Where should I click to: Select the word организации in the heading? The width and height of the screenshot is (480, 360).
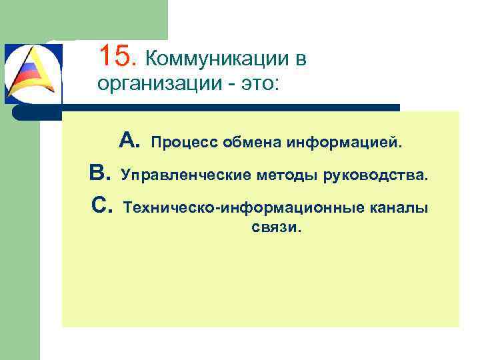pyautogui.click(x=151, y=85)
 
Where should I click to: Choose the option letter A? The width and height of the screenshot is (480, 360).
pyautogui.click(x=129, y=140)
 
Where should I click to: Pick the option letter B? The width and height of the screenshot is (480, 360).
pyautogui.click(x=100, y=174)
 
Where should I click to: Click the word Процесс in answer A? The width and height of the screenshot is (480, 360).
pyautogui.click(x=185, y=142)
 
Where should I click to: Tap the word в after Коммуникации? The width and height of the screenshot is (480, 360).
pyautogui.click(x=300, y=59)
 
